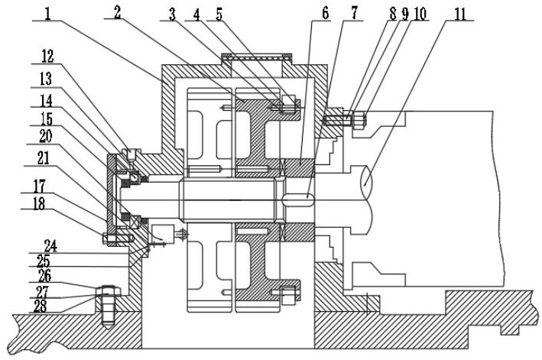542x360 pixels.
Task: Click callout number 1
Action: pos(47,14)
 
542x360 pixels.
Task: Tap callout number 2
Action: pos(118,13)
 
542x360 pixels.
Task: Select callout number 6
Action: pos(325,13)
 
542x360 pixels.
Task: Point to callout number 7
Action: pos(354,13)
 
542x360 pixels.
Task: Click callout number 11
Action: pos(459,14)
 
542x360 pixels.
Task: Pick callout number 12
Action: pos(47,57)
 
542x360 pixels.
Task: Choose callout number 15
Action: pos(46,118)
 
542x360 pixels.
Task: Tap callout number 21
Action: pos(44,158)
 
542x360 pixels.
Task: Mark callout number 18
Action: pos(39,203)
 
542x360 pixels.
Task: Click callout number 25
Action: pos(44,261)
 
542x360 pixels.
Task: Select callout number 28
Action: pos(40,306)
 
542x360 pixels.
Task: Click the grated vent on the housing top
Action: pos(257,58)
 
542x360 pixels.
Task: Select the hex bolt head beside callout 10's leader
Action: pos(359,119)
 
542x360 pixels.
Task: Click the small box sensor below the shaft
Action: pos(163,234)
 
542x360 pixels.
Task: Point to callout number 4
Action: pos(196,14)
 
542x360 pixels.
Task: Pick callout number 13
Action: pos(45,79)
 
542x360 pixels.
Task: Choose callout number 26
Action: pos(44,276)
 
